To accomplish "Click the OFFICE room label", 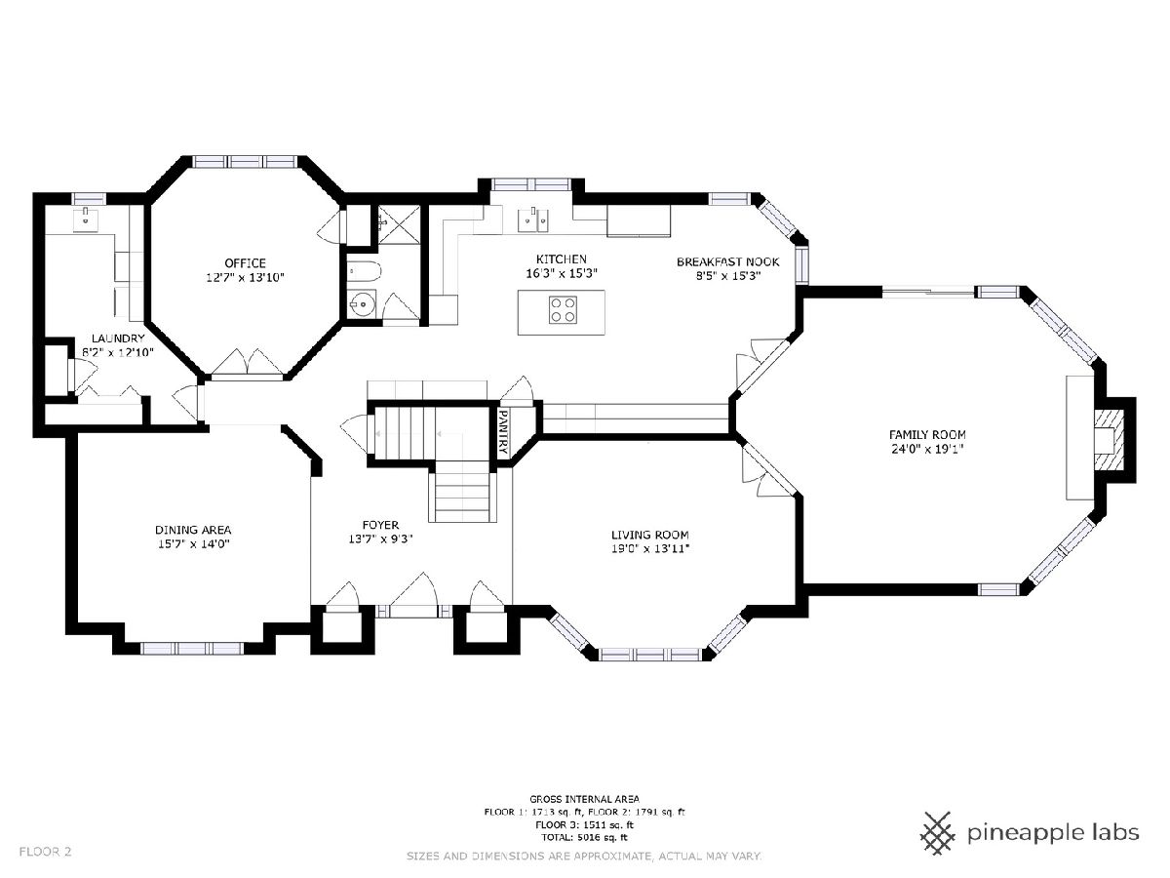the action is [245, 263].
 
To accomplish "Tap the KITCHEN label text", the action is [562, 259].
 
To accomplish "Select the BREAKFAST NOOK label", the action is [727, 261].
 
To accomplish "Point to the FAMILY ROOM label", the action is [927, 434].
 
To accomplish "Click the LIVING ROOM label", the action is [649, 535].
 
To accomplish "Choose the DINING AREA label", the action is [193, 530].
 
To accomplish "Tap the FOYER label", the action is [380, 525].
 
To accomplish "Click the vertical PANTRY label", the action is [502, 431].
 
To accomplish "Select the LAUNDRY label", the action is [118, 339].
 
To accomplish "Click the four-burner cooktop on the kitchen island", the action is [563, 310].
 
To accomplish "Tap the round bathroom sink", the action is [363, 304].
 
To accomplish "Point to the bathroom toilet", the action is [365, 272].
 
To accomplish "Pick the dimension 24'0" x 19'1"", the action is [927, 449].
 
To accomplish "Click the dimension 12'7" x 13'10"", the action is [245, 277].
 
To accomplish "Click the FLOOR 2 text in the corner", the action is [45, 852].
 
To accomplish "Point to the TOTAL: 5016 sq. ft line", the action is [584, 837].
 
